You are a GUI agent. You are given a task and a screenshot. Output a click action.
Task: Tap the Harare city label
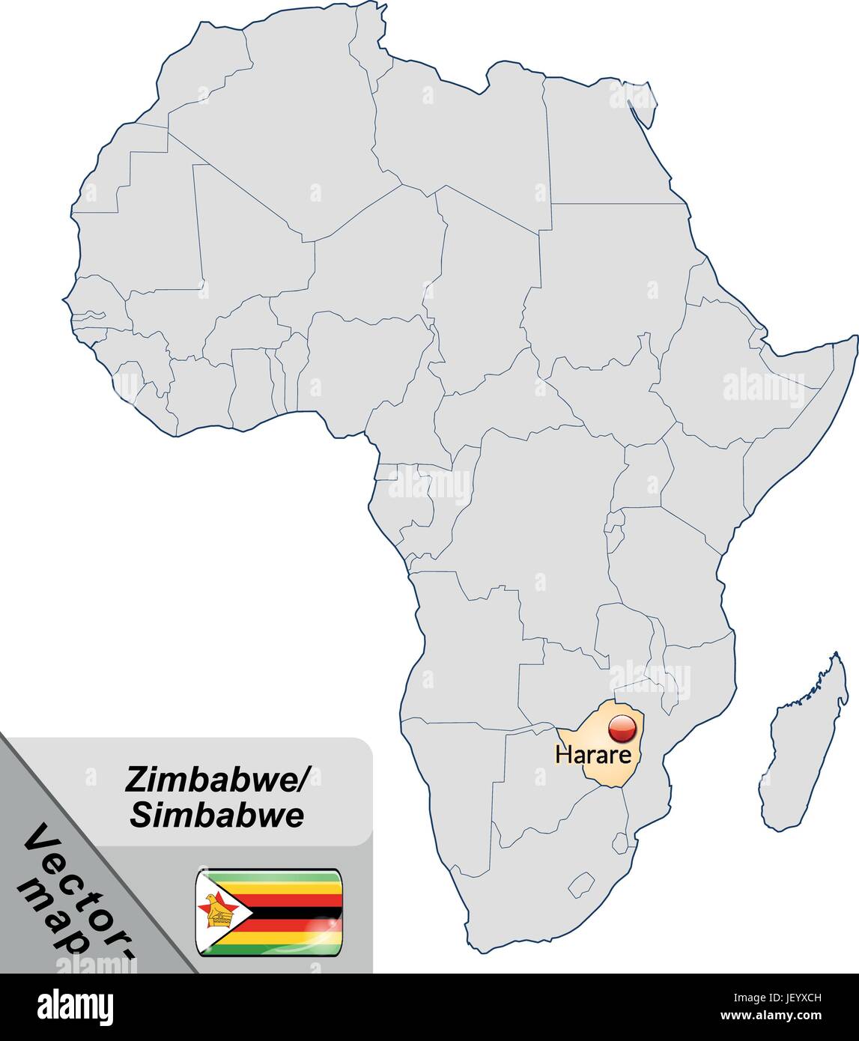pos(593,754)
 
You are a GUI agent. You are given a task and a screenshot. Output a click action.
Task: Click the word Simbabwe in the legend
pos(217,816)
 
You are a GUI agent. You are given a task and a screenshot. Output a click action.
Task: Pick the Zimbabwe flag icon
pos(269,912)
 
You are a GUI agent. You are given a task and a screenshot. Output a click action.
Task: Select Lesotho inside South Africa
pos(581,884)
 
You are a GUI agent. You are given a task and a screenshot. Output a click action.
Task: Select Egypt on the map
pos(599,142)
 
